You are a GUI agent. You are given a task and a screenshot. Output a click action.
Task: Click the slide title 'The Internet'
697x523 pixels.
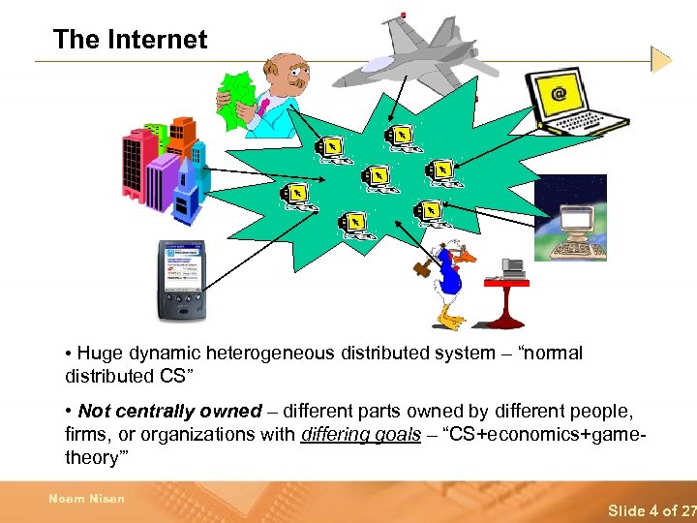(130, 40)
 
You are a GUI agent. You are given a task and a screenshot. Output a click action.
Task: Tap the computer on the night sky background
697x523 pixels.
(570, 218)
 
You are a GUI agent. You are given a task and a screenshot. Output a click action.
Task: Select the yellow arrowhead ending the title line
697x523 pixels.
(661, 60)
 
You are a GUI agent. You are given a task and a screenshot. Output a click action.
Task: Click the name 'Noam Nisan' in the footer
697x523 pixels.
(86, 499)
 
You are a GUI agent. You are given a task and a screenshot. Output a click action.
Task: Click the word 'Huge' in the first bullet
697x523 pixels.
(101, 354)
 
